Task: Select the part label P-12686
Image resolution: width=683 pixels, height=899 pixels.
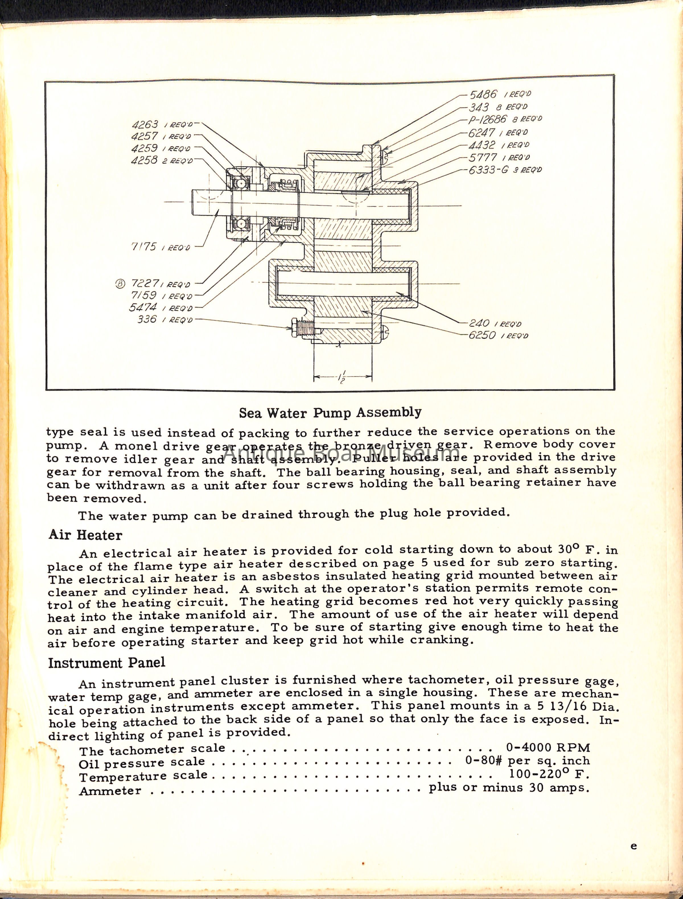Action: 487,120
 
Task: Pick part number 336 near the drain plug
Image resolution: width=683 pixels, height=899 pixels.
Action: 147,319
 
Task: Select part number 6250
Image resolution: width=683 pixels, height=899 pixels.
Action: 482,335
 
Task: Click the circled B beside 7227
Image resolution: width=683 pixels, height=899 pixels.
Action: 120,284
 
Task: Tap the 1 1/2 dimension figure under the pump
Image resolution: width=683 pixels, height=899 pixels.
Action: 342,377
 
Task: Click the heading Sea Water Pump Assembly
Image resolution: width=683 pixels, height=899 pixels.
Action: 330,413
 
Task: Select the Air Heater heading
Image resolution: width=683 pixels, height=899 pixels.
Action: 85,535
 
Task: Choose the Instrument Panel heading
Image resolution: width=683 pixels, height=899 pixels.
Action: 106,663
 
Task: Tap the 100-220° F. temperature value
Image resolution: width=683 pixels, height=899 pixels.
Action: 549,773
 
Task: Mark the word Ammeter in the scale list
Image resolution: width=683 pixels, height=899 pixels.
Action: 110,791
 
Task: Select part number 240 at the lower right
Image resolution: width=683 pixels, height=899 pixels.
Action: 479,323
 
